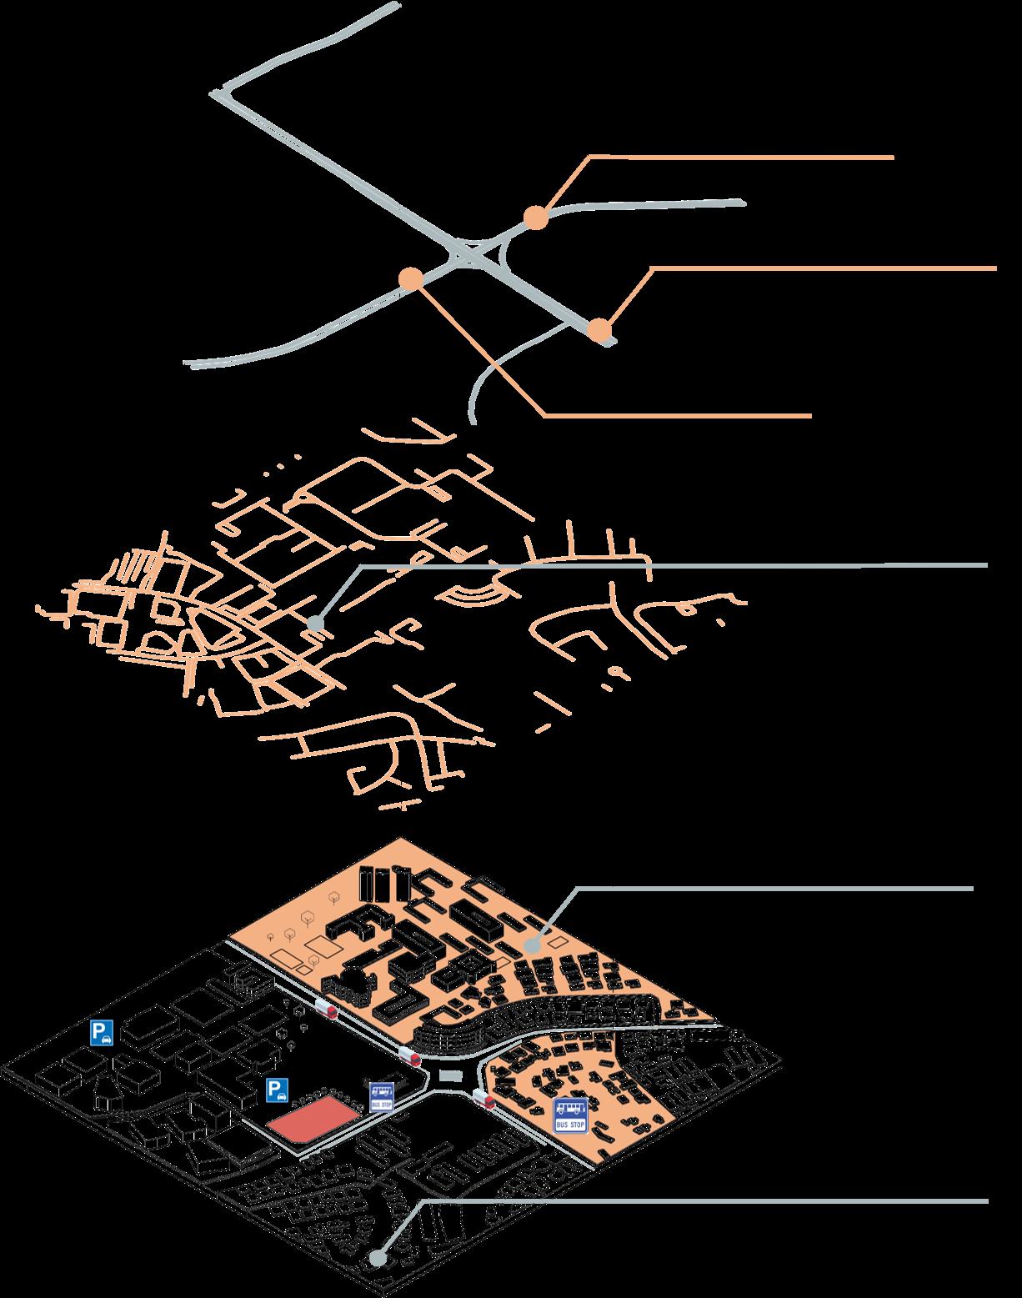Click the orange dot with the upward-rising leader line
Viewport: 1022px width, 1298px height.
coord(535,218)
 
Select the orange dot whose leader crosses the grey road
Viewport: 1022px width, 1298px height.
coord(410,278)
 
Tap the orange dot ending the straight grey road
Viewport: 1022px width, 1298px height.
coord(598,330)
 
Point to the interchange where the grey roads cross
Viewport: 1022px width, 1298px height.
coord(471,255)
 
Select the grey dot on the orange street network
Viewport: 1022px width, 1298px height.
coord(314,623)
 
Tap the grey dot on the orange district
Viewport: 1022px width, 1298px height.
coord(534,946)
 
